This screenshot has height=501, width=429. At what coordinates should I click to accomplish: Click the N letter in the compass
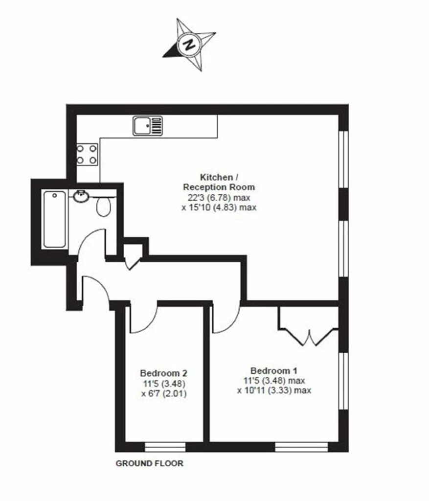click(190, 44)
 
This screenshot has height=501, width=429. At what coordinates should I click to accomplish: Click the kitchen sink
click(148, 125)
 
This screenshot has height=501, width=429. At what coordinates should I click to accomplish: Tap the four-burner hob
click(87, 154)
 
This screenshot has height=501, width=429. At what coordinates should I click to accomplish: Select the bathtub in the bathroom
click(55, 219)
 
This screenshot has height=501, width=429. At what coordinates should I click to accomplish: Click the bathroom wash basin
click(81, 196)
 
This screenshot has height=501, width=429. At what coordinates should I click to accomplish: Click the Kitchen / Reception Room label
click(219, 182)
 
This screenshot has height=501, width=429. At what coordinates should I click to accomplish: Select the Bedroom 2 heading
click(163, 373)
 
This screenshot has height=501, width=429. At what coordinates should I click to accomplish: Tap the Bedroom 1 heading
click(274, 371)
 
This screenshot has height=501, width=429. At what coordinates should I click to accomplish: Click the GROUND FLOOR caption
click(150, 463)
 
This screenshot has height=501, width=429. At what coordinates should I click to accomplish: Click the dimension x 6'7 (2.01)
click(164, 393)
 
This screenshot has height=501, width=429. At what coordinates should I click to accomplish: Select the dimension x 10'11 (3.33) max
click(274, 390)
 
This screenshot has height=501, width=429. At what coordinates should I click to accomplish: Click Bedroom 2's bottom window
click(165, 447)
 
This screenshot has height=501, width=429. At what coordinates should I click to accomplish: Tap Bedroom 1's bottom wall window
click(301, 447)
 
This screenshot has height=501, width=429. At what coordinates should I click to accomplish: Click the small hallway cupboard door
click(133, 263)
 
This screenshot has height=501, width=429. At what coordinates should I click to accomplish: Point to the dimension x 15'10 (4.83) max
click(219, 207)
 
